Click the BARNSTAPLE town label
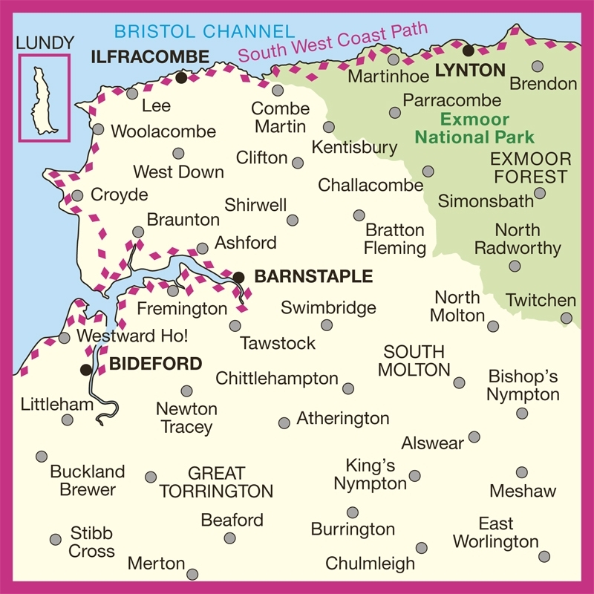point(313,277)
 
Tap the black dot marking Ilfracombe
point(181,77)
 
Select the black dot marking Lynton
point(469,51)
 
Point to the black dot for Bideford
point(86,369)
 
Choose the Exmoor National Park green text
point(474,128)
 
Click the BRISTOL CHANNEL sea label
point(204,31)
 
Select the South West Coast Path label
point(334,43)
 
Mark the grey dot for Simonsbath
point(540,193)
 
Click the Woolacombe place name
point(163,132)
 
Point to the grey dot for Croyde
point(77,196)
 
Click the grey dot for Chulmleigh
point(422,548)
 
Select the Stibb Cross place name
point(92,542)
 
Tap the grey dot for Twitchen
point(567,318)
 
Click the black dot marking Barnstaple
point(238,277)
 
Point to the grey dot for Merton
point(193,574)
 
